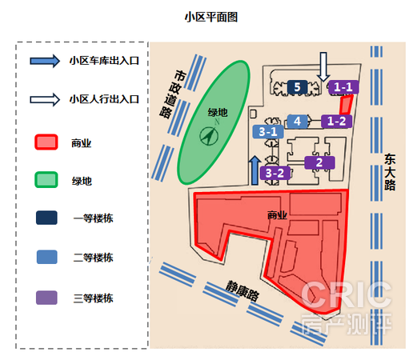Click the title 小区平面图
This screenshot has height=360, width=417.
coord(211,18)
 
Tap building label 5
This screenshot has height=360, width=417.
coord(297,87)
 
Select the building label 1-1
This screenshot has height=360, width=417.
coord(343,87)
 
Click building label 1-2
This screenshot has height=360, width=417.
coord(337,122)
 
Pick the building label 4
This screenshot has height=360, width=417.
coord(297,122)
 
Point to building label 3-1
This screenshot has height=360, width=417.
coord(268,132)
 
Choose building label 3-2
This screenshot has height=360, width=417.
coord(275,173)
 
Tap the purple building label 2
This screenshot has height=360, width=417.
coord(319,162)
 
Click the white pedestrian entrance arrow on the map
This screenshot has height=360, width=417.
coord(323,66)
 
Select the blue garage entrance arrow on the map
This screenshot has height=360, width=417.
coord(255,170)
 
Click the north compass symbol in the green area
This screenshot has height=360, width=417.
coord(209,136)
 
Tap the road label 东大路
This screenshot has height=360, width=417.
coord(390,172)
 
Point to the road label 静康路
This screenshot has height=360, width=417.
coord(243,290)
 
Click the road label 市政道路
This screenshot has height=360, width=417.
coord(173,94)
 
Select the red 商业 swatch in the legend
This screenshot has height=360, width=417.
coord(46,142)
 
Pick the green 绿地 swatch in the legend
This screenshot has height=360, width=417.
coord(46,180)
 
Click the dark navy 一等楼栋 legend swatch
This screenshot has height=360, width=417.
coord(46,218)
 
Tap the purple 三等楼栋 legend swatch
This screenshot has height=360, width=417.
coord(46,298)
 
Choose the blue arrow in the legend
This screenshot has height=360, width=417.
coord(45,61)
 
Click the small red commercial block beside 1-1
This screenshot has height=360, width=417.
coord(346,104)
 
